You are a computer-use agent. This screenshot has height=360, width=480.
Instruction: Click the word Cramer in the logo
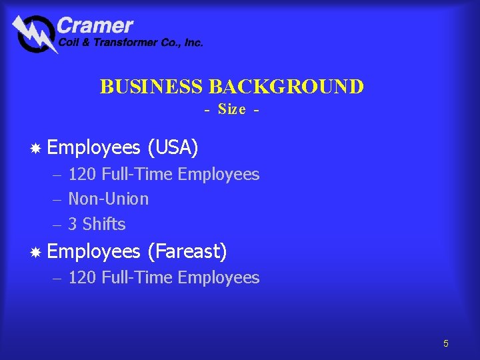coord(95,26)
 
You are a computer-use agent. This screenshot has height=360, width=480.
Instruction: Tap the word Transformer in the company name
coord(119,43)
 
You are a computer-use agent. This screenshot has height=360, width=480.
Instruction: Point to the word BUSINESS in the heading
coord(152,87)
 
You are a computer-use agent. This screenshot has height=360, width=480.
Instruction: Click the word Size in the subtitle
coord(231,109)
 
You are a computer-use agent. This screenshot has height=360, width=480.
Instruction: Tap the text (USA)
coord(173,147)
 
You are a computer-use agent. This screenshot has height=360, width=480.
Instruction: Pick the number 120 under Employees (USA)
coord(83,175)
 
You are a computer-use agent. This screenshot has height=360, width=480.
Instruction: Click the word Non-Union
coord(109,199)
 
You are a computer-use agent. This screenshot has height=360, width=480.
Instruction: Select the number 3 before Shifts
coord(73,224)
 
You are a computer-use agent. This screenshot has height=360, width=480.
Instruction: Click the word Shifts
coord(104,224)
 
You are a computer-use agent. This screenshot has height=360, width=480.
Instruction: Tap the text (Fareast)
coord(187,252)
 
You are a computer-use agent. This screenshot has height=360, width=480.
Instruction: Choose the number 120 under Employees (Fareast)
coord(83,277)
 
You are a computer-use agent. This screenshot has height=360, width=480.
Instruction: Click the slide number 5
coord(446,344)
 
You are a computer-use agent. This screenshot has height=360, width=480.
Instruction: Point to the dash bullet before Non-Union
coord(57,199)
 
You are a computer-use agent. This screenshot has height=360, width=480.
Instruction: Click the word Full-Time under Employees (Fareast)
coord(137,277)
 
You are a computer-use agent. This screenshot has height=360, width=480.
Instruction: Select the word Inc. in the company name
coord(193,43)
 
